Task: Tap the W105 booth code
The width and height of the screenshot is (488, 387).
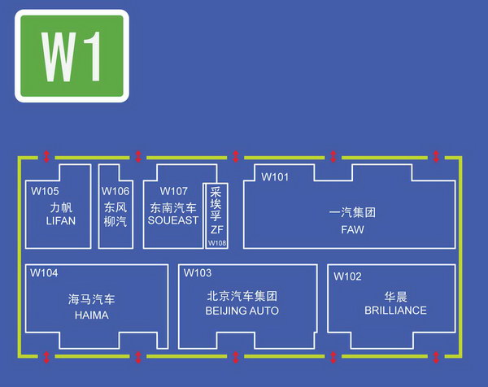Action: coord(46,192)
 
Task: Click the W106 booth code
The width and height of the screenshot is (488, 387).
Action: coord(115,191)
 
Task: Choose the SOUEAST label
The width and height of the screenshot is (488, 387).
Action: coord(173,220)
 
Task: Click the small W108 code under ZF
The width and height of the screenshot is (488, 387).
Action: coord(217,243)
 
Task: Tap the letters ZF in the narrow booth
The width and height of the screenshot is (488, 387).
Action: coord(216,230)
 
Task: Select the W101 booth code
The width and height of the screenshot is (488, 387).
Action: coord(275,176)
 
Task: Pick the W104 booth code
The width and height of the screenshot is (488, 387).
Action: coord(44,273)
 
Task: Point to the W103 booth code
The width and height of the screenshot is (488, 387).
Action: coord(198,273)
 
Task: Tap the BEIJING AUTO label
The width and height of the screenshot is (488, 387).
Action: coord(242,311)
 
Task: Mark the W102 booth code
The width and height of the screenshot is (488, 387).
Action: coord(347,276)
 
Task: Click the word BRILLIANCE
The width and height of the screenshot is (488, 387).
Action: coord(395,311)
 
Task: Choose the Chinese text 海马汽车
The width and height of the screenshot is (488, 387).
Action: coord(91,299)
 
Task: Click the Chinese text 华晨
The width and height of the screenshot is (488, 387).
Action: coord(396,296)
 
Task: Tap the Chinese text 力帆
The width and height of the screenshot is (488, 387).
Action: coord(61,207)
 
